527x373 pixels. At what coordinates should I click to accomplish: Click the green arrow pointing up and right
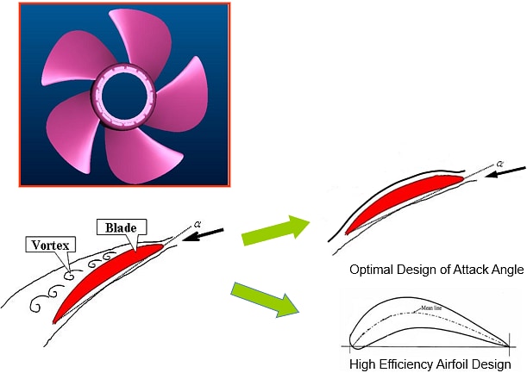(x=275, y=231)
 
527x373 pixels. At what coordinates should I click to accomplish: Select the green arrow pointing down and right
(x=267, y=302)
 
